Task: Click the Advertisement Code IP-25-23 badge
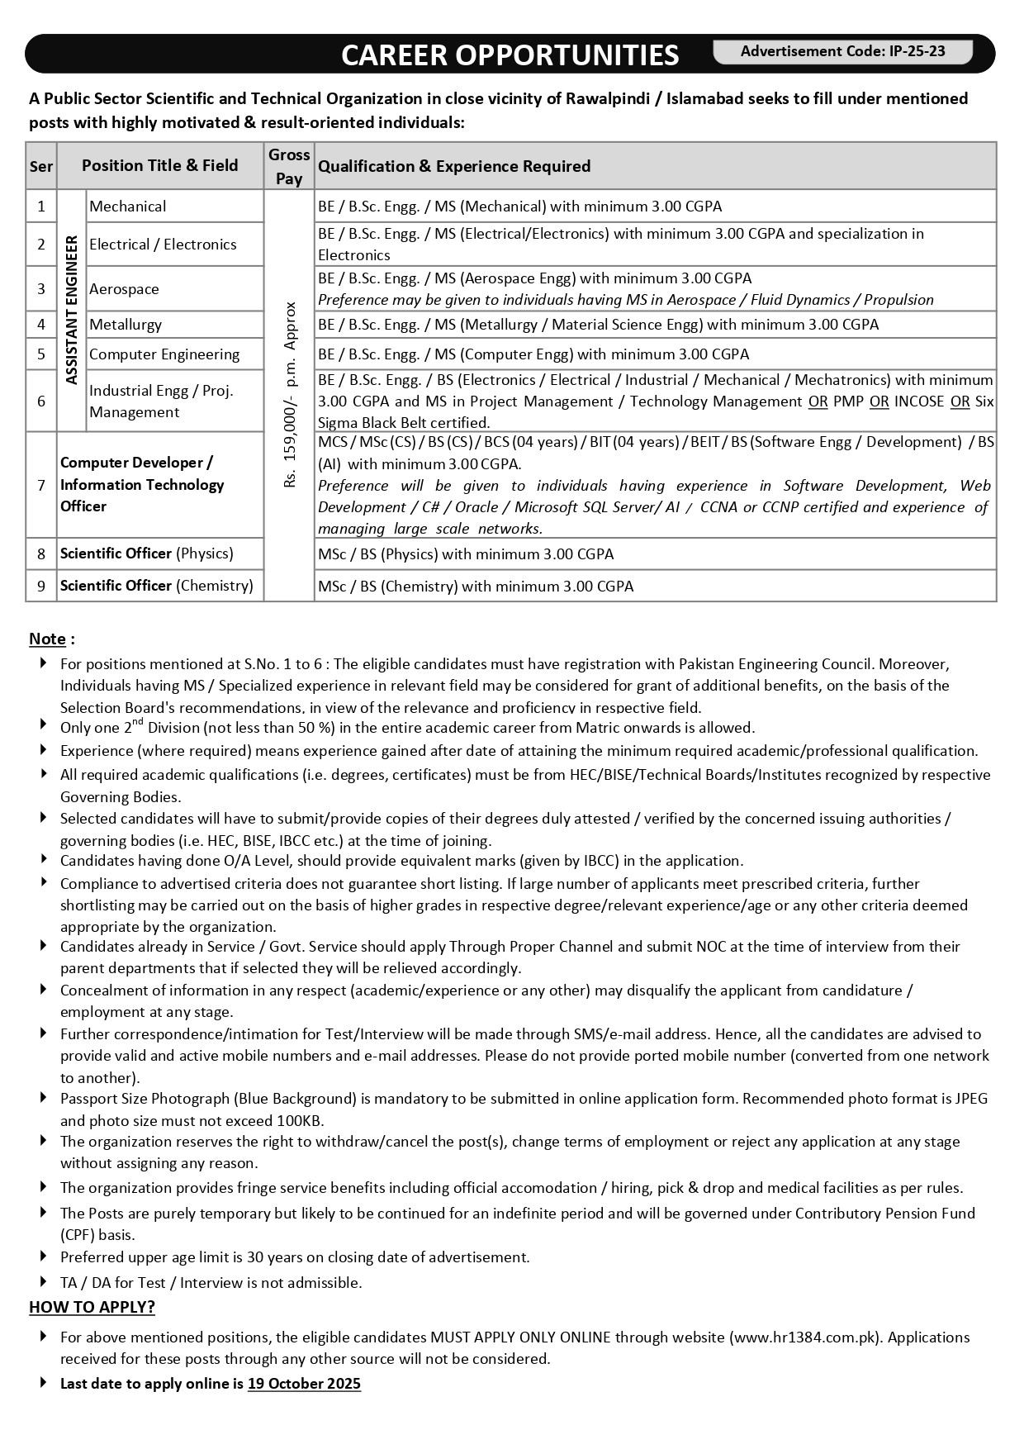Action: [842, 51]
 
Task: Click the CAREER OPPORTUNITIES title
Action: [510, 55]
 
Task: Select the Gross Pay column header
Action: [289, 166]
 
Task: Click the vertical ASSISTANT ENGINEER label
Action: [72, 310]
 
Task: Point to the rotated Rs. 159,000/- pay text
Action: [290, 395]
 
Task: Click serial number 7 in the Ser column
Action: [41, 485]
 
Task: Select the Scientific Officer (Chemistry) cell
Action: [157, 586]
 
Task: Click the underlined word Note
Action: [47, 639]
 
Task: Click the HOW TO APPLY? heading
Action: [92, 1307]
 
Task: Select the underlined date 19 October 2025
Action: [304, 1384]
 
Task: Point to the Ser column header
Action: [41, 166]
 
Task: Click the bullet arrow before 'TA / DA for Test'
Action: [43, 1281]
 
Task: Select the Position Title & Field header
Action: [159, 165]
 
